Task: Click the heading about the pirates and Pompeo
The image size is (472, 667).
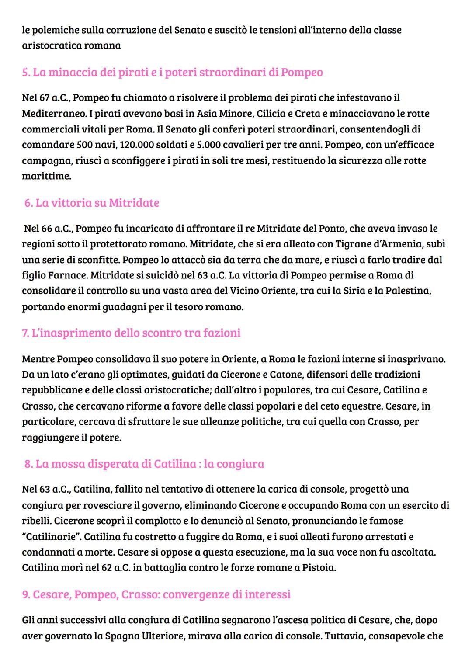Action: click(172, 72)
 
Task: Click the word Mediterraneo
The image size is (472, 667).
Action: click(54, 114)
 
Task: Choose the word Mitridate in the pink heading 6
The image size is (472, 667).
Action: click(134, 203)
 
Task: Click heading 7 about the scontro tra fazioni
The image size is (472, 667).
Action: click(131, 333)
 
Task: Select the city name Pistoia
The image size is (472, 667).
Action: click(319, 568)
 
